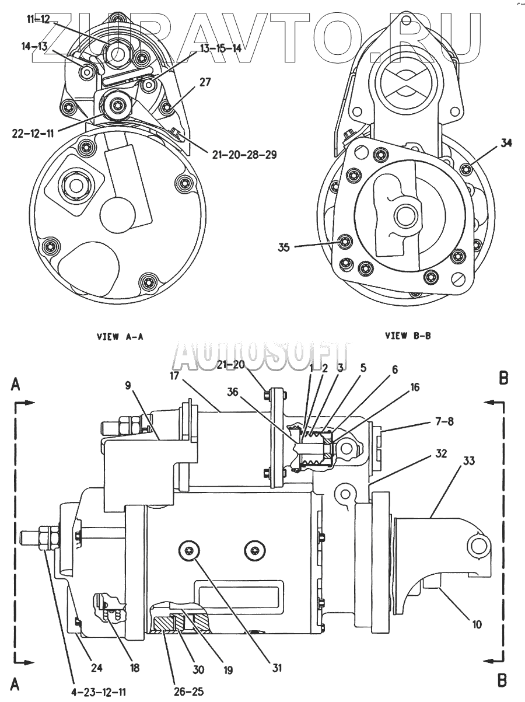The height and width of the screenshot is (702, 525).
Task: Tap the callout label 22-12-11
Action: pos(32,132)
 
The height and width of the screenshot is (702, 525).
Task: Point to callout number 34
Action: pos(506,143)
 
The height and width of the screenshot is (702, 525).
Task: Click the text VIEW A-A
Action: pos(120,337)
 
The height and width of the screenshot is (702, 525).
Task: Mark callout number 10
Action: pos(477,624)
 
